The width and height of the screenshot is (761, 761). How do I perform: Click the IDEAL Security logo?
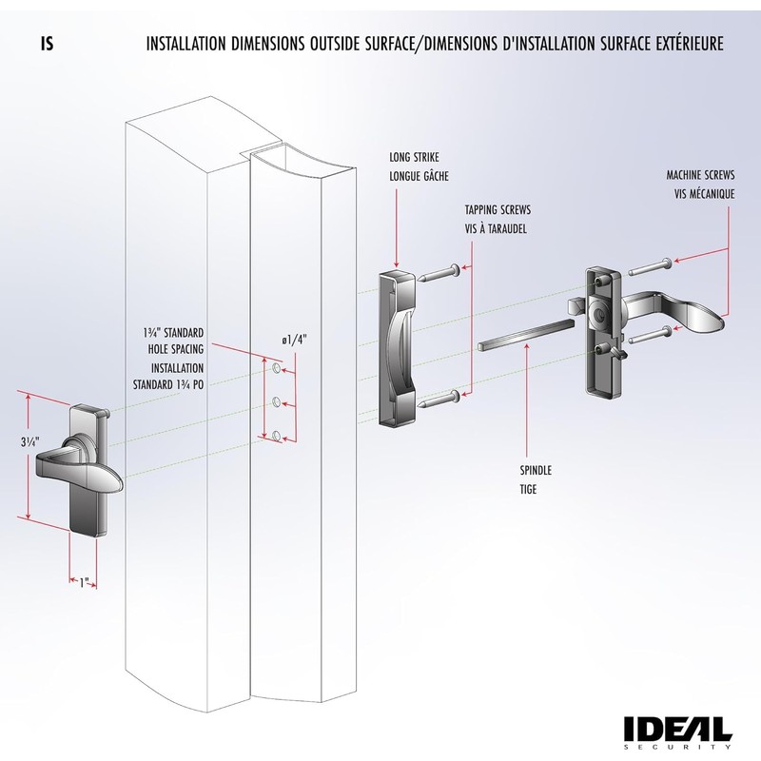(677, 730)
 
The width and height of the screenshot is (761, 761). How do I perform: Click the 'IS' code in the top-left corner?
(47, 44)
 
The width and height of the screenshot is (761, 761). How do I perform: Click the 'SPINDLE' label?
(536, 470)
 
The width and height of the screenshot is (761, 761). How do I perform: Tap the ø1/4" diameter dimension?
(295, 340)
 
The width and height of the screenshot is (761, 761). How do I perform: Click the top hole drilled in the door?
(276, 367)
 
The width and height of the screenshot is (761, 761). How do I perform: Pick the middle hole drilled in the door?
(276, 400)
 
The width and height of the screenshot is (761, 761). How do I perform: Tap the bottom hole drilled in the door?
(276, 435)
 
